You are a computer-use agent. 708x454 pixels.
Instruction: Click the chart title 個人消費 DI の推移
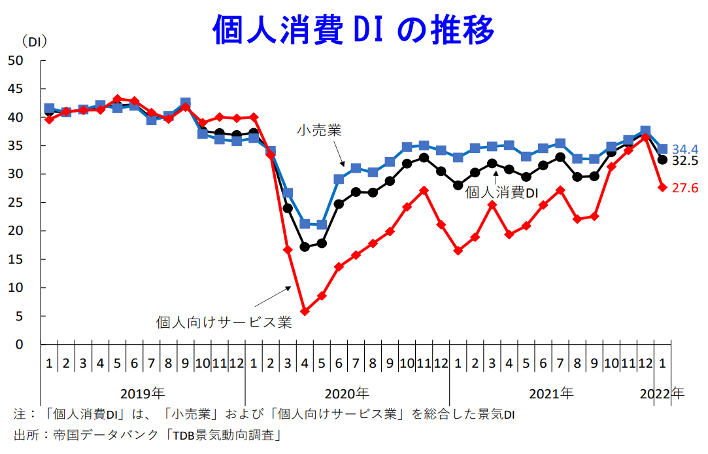tap(354, 29)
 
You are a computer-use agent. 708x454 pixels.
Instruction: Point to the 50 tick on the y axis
tap(16, 60)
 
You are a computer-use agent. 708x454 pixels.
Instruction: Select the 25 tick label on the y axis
tap(16, 202)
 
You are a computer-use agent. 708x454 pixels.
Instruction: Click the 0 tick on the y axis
tap(19, 344)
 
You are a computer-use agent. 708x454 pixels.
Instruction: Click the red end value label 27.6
tap(685, 188)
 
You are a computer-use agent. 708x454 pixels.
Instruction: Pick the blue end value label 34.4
tap(685, 149)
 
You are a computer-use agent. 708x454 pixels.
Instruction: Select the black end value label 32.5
tap(685, 161)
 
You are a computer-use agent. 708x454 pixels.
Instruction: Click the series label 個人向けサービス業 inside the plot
tap(224, 323)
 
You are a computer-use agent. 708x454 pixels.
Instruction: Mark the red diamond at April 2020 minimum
tap(305, 311)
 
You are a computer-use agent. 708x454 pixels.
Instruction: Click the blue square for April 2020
tap(305, 224)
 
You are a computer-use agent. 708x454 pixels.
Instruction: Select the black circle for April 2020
tap(305, 247)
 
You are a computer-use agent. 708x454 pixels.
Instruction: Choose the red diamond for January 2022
tap(662, 188)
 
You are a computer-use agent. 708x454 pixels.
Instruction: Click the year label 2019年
tap(143, 394)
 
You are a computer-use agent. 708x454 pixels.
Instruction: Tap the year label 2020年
tap(347, 394)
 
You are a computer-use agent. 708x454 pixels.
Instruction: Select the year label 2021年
tap(551, 394)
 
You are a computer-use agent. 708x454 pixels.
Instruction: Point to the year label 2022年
tap(662, 394)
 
